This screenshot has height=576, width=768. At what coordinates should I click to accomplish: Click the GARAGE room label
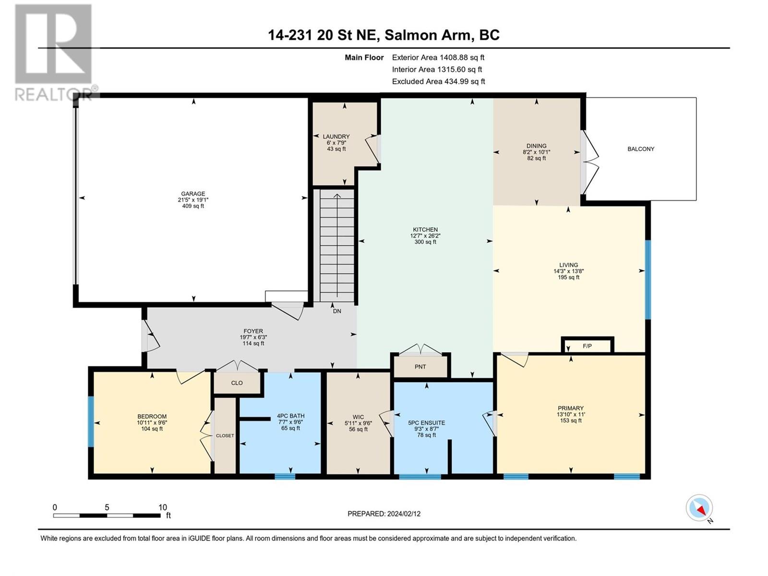click(193, 194)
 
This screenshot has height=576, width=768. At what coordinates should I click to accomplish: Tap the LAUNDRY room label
click(336, 137)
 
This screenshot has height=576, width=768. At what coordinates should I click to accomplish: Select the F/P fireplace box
click(587, 346)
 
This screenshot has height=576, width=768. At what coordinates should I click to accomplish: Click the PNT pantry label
click(420, 367)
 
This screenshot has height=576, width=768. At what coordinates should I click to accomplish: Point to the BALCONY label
click(641, 149)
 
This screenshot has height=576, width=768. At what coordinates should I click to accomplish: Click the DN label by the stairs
click(337, 311)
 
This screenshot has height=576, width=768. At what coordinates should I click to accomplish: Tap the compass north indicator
click(699, 508)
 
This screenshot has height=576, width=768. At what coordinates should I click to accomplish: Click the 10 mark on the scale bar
click(163, 507)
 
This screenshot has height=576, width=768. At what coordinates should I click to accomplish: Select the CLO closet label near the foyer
click(237, 383)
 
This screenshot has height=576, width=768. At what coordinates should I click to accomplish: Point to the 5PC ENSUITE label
click(426, 423)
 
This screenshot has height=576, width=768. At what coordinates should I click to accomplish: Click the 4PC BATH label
click(290, 416)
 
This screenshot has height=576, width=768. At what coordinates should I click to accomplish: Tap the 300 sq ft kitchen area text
click(425, 242)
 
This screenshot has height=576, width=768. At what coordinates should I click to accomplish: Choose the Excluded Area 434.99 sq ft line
click(438, 82)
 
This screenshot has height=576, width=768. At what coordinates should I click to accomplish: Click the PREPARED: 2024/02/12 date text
click(384, 514)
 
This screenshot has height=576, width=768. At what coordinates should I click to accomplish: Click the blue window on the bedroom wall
click(91, 421)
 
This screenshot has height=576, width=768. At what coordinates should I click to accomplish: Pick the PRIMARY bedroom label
click(570, 408)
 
